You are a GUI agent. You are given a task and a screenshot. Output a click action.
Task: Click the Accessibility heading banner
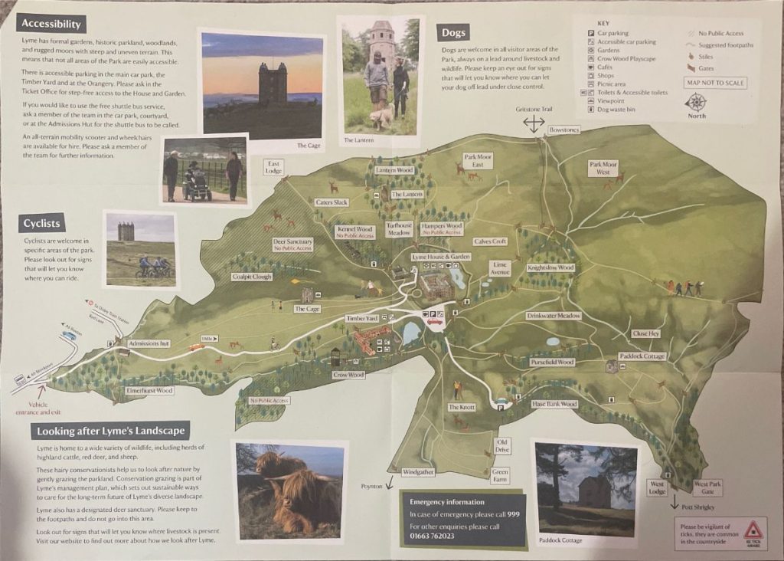pyautogui.click(x=52, y=24)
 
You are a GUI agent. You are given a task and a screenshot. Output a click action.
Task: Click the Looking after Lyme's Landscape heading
pyautogui.click(x=110, y=431)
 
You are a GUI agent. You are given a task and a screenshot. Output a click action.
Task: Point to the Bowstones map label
pyautogui.click(x=564, y=130)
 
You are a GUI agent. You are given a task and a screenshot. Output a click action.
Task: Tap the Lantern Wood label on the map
pyautogui.click(x=394, y=170)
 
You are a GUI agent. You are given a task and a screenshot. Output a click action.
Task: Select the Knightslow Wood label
pyautogui.click(x=550, y=267)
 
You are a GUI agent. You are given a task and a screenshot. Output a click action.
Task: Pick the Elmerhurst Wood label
pyautogui.click(x=149, y=390)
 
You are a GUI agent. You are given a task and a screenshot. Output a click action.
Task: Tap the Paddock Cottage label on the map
pyautogui.click(x=642, y=356)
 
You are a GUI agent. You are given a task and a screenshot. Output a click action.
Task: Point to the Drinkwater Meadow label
pyautogui.click(x=554, y=316)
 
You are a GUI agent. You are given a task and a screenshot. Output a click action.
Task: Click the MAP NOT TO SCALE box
pyautogui.click(x=716, y=83)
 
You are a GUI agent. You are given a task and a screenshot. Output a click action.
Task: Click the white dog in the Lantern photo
pyautogui.click(x=381, y=117)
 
